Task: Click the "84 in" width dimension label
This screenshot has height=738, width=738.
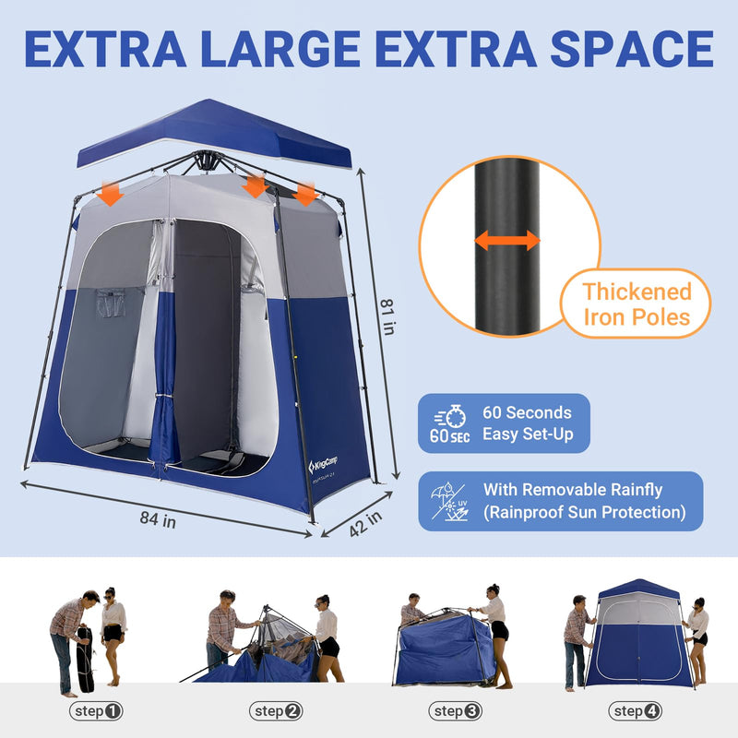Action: [158, 519]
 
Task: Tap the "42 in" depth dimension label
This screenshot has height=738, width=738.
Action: [364, 523]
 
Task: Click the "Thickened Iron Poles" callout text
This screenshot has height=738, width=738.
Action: [637, 305]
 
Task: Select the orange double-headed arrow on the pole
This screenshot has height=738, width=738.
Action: [506, 242]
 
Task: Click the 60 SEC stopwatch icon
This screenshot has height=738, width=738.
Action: [449, 423]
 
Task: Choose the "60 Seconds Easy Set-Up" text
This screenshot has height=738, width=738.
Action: [527, 423]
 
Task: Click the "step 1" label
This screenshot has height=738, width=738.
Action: [96, 711]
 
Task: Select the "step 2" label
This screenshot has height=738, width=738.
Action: [276, 711]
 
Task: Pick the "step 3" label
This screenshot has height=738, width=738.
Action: [456, 711]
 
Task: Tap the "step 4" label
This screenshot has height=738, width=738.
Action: [636, 711]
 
